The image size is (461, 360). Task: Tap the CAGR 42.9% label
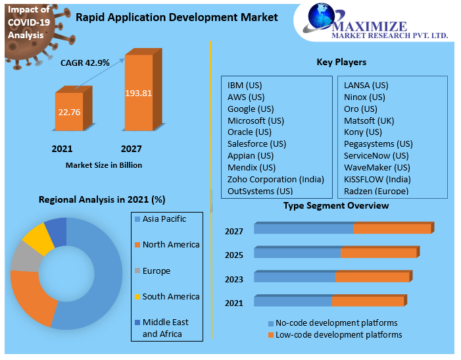pos(85,64)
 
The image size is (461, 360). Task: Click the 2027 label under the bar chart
pos(131,149)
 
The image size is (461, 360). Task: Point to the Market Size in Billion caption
pos(104,165)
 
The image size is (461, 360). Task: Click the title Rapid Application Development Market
pos(177,17)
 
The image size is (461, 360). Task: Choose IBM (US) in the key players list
pos(245,86)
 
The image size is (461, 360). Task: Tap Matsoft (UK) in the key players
pos(369,120)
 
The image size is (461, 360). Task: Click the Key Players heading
pos(341,63)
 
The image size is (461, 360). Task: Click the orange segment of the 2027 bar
pos(391,228)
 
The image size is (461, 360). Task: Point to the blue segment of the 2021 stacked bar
pos(293,301)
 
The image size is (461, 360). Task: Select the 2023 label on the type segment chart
pos(234,279)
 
